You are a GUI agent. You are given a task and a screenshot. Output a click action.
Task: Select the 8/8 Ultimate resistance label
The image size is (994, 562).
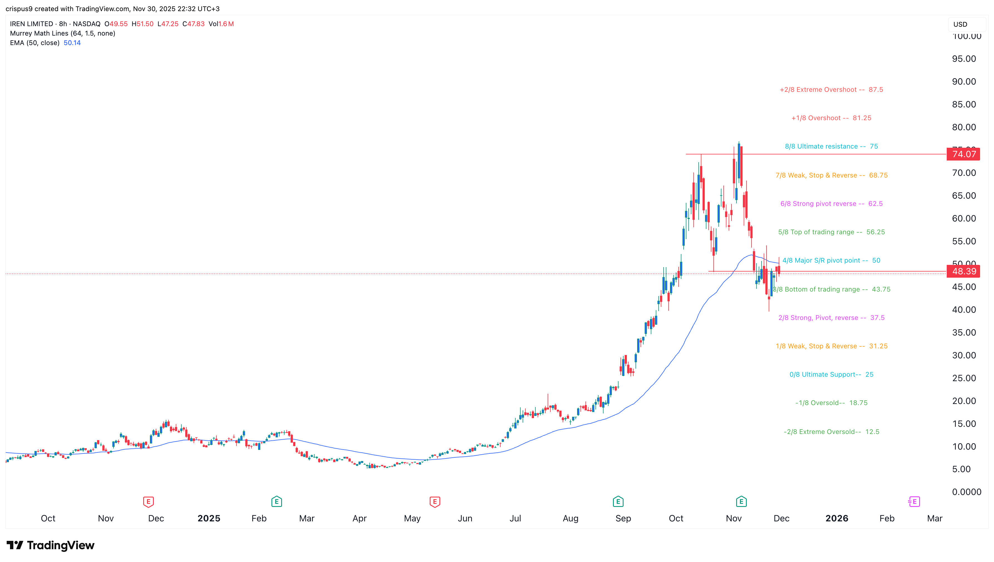(831, 146)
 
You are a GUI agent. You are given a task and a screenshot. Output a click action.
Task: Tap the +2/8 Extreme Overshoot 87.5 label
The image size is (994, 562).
(831, 90)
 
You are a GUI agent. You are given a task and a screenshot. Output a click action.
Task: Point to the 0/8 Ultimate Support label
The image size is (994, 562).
(831, 374)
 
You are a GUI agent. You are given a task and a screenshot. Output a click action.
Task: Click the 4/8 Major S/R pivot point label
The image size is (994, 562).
(831, 260)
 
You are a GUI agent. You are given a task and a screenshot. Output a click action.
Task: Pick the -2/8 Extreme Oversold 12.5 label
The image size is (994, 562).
(831, 432)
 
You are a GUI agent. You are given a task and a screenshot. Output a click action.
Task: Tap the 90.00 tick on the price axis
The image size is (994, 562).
(963, 82)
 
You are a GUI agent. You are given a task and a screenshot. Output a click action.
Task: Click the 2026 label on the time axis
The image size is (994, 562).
(837, 518)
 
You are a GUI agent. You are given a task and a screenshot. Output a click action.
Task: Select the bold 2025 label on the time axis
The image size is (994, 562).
(209, 518)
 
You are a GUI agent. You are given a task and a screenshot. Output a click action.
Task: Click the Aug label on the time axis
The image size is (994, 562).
(570, 518)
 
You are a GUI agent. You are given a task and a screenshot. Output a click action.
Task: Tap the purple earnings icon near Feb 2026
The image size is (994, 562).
(914, 502)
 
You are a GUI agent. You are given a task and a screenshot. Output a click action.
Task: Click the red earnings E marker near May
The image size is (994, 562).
(434, 502)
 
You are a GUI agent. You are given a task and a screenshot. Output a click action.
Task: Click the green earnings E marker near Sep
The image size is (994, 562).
(618, 502)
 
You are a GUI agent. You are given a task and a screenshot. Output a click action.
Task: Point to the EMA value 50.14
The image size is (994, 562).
(72, 43)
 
